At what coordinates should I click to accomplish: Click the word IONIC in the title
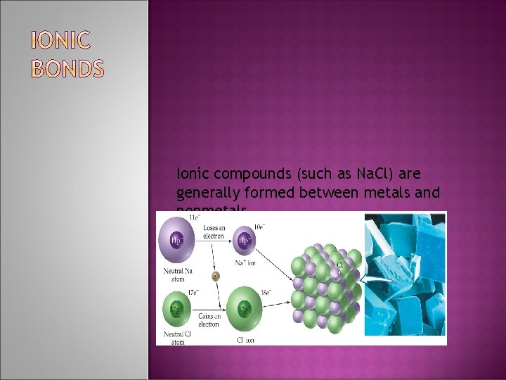pos(60,42)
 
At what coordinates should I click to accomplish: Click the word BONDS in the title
pos(68,69)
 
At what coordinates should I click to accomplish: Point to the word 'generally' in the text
pos(207,192)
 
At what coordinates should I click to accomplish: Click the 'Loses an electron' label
pos(212,232)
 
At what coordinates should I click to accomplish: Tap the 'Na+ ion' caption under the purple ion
pos(247,263)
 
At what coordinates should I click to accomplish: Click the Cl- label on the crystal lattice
pos(341,265)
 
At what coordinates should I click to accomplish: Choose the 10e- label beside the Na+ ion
pos(259,226)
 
